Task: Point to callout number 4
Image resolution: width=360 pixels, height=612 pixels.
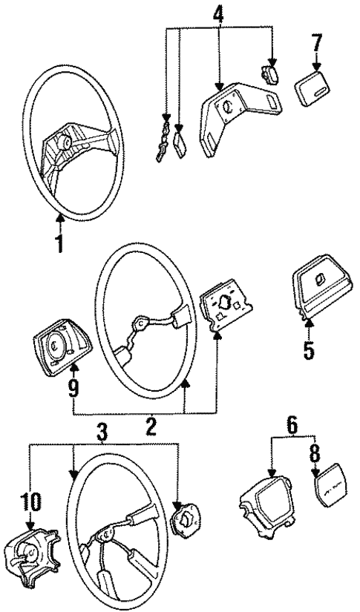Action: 217,14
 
